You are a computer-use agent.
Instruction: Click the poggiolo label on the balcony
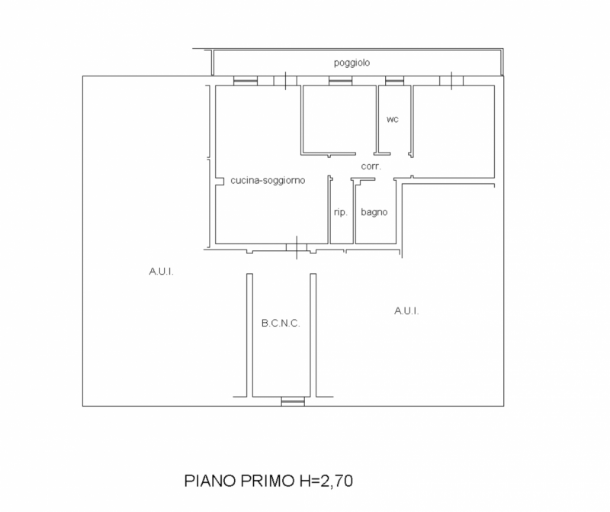tap(352, 63)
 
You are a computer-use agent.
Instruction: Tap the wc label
tap(393, 119)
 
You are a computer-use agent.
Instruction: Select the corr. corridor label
tap(371, 166)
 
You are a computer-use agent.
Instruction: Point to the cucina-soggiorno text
tap(268, 181)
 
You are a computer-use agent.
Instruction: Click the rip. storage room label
tap(341, 212)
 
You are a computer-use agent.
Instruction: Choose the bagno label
tap(374, 212)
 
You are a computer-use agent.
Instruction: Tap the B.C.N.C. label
tap(281, 323)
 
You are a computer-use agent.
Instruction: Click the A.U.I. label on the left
tap(162, 270)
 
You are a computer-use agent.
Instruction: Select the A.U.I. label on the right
tap(406, 311)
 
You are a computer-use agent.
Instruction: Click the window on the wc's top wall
tap(394, 81)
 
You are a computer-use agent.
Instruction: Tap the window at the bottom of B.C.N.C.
tap(292, 401)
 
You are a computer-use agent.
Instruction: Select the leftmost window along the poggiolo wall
tap(245, 81)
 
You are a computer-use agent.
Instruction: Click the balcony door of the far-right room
tap(451, 80)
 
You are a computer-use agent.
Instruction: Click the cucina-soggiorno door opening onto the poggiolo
tap(284, 80)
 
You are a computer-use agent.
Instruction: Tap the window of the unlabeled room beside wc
tap(339, 81)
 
